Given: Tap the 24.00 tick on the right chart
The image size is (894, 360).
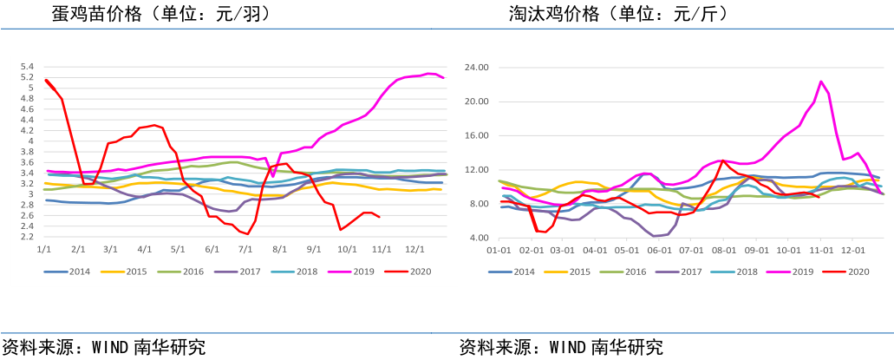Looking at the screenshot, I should click(x=477, y=67).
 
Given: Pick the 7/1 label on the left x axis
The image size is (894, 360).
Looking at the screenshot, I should click(x=245, y=249).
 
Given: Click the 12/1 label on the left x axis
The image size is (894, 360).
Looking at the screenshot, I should click(x=414, y=249).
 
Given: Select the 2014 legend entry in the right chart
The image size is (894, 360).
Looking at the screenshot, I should click(x=518, y=272).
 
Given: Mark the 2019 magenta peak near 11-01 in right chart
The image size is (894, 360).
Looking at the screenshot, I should click(x=820, y=82).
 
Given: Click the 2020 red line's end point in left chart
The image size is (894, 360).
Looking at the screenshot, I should click(x=380, y=217).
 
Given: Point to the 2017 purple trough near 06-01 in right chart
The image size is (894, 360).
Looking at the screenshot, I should click(x=656, y=236).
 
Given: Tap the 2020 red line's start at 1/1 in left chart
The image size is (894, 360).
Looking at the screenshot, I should click(x=45, y=81).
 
